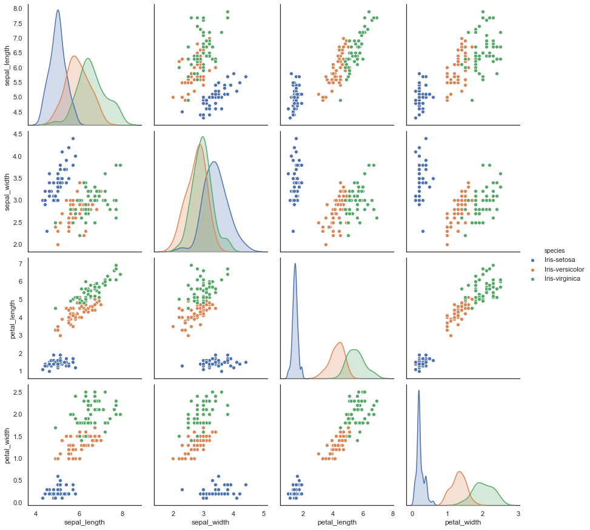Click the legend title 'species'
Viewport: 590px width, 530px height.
click(x=554, y=250)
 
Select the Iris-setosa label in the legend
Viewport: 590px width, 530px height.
click(x=561, y=260)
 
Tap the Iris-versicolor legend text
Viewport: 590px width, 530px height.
click(x=566, y=269)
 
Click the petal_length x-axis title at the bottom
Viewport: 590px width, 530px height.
click(x=337, y=522)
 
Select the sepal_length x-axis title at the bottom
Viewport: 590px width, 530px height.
click(x=84, y=522)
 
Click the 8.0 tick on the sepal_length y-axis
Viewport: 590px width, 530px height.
click(x=18, y=8)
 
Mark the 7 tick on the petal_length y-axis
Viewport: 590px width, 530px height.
click(x=21, y=264)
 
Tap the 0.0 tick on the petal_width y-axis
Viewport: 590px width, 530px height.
click(x=18, y=503)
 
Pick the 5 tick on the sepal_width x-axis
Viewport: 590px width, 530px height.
click(x=264, y=513)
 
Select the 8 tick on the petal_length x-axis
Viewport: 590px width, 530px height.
click(x=392, y=513)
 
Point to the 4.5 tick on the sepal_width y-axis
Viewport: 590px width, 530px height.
click(x=18, y=134)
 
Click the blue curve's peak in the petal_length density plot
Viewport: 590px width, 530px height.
click(x=295, y=263)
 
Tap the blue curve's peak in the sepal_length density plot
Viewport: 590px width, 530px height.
click(x=58, y=10)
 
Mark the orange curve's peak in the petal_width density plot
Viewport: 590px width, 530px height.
click(x=459, y=472)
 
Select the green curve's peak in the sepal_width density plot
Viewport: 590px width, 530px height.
click(x=203, y=136)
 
